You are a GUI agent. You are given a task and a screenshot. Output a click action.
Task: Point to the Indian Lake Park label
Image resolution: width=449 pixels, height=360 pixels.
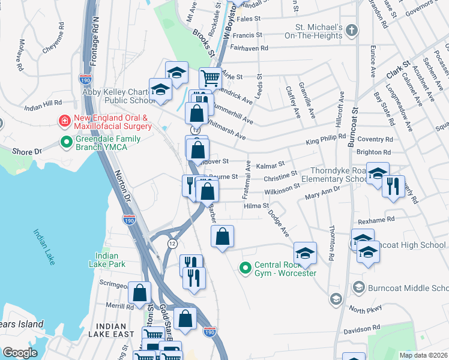coord(110,259)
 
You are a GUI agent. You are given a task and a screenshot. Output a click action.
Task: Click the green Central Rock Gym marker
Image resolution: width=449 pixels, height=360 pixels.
coord(245,268)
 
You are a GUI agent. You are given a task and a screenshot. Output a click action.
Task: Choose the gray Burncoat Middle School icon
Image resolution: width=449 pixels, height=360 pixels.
coord(358,288)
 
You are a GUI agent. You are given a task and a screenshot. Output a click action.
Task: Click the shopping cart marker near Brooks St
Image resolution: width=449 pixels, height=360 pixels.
coord(210,77)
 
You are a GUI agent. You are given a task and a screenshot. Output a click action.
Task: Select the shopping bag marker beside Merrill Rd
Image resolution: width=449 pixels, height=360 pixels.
coord(139,293)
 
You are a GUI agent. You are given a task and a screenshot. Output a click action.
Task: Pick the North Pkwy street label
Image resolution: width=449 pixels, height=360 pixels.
coord(366,310)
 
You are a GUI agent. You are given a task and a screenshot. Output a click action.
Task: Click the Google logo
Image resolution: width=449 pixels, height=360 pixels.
coord(20,353)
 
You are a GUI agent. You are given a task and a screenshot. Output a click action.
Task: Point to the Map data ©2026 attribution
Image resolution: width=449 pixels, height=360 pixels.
coord(423,355)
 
